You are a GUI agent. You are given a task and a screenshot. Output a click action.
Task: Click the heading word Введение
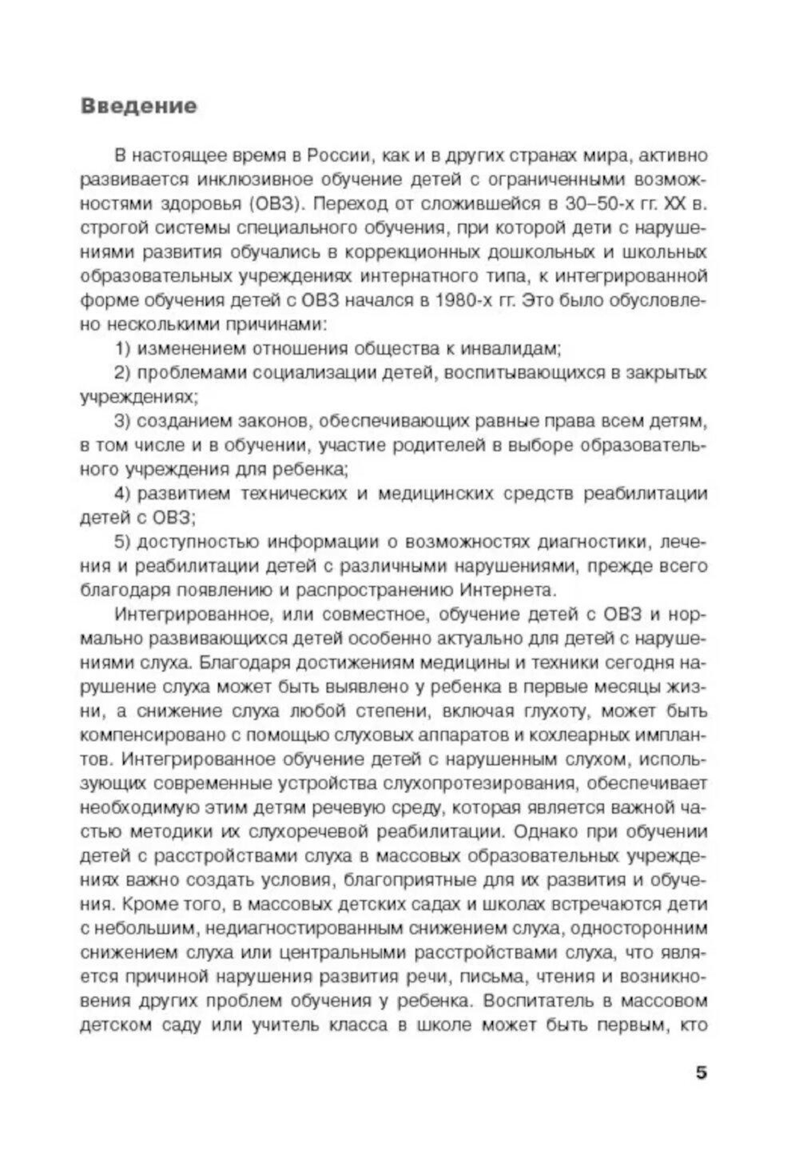coord(138,107)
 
